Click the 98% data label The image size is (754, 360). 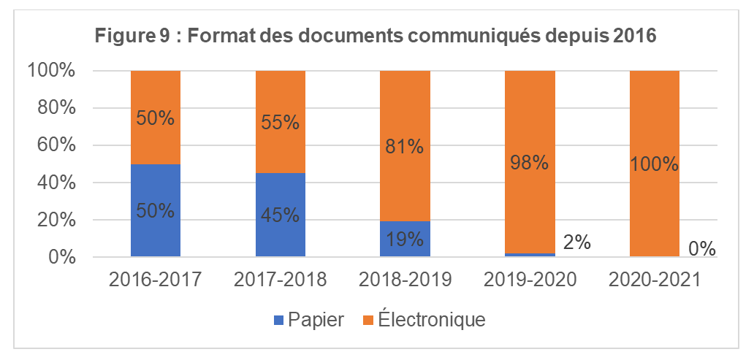[530, 164]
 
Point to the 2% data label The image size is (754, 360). [576, 242]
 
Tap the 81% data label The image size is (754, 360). [405, 146]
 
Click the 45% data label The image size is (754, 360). [281, 216]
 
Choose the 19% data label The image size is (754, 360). [405, 239]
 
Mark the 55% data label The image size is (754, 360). [281, 122]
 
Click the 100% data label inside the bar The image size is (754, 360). [655, 164]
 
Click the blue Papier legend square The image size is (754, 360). [278, 320]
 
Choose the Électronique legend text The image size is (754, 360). [432, 320]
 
